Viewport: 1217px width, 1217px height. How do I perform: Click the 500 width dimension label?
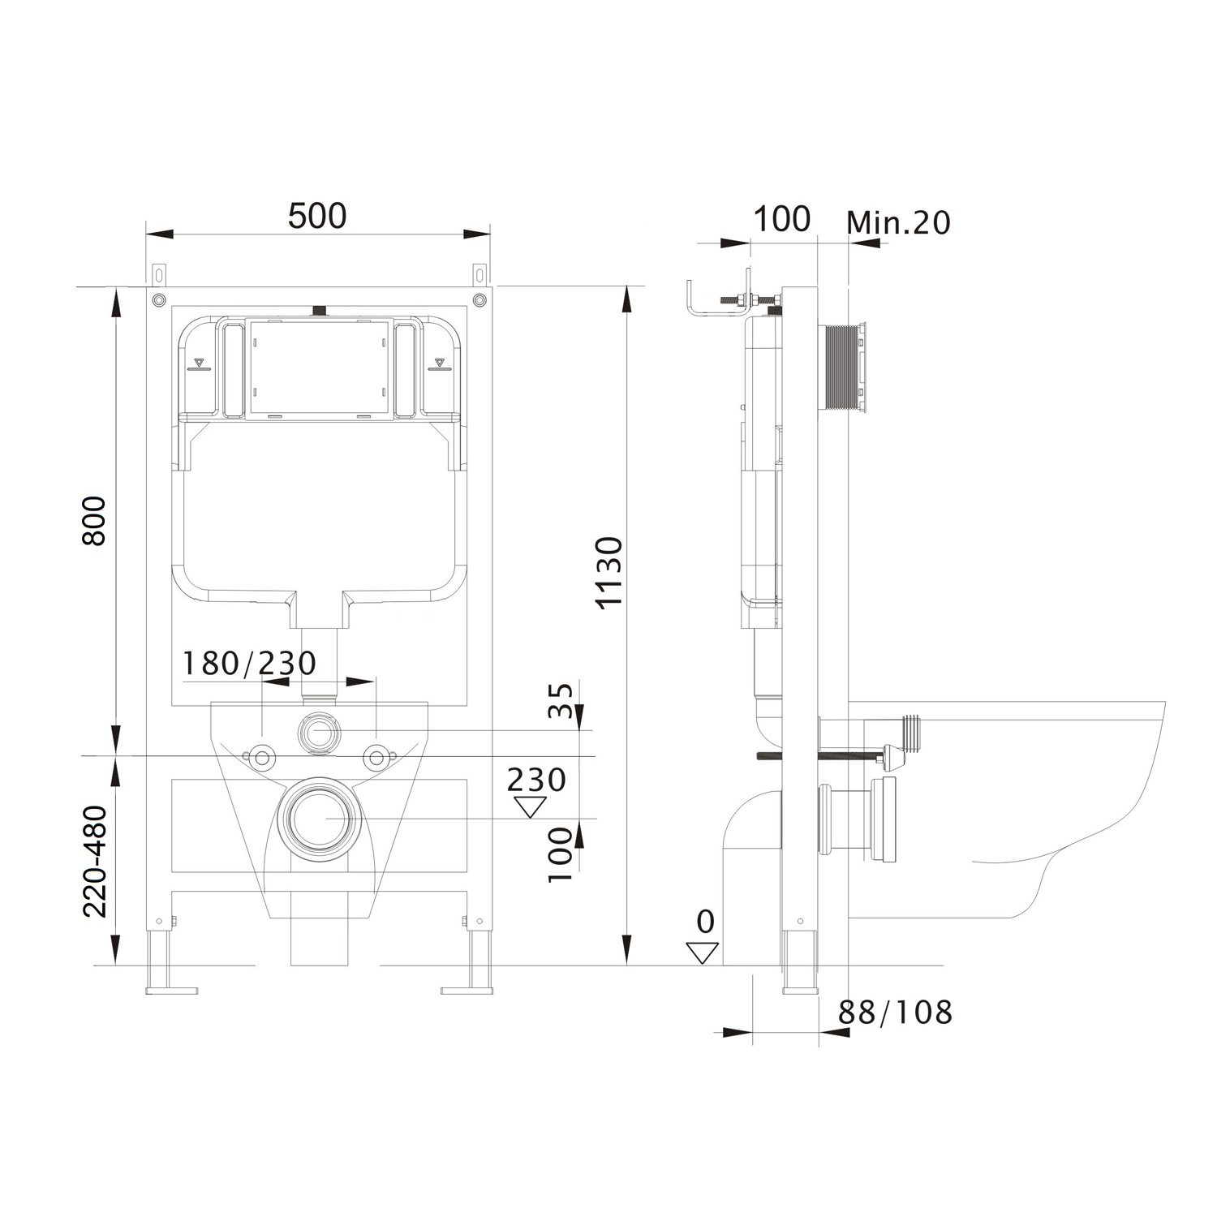(x=317, y=216)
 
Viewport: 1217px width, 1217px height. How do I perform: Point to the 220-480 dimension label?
(x=95, y=861)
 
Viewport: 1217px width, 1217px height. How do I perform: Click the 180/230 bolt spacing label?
(x=248, y=664)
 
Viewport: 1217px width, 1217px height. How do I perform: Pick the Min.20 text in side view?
(x=898, y=222)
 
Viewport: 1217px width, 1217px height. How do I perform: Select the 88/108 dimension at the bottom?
(x=895, y=1012)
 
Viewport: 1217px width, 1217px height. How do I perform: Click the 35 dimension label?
(x=561, y=700)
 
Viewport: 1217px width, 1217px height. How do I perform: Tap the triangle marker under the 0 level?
(x=703, y=953)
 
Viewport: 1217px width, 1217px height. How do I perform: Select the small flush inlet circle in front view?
(x=320, y=732)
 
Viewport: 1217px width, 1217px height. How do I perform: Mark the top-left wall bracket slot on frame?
(x=157, y=273)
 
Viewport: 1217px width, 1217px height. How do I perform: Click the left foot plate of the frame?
(x=171, y=990)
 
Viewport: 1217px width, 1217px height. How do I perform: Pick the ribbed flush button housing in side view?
(x=846, y=369)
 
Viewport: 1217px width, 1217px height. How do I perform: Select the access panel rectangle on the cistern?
(x=318, y=370)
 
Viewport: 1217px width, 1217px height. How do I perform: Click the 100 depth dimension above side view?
(x=782, y=219)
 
